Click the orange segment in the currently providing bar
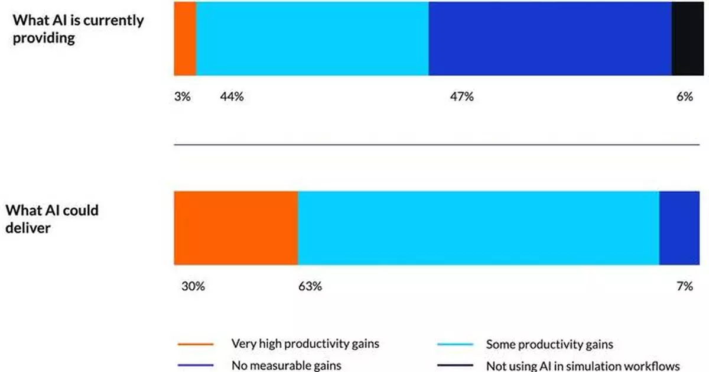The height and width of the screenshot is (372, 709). [x=184, y=38]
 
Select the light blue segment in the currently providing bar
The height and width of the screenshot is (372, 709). [x=312, y=38]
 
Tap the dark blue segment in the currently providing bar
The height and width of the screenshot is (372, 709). [x=550, y=38]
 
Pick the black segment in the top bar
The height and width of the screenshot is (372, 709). [x=687, y=38]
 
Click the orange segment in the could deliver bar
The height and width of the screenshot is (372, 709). [x=236, y=228]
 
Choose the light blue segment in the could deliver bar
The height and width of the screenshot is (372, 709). [x=479, y=228]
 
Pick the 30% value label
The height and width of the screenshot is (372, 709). [x=193, y=287]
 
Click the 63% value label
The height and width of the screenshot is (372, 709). [x=310, y=287]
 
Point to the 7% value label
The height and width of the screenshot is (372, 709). [x=685, y=287]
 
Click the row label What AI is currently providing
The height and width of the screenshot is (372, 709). [x=78, y=29]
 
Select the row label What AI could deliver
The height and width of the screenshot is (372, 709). [x=52, y=219]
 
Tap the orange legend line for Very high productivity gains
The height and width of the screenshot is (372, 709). [x=195, y=344]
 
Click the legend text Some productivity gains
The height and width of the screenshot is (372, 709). [x=549, y=344]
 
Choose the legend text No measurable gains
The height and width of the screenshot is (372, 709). [x=286, y=365]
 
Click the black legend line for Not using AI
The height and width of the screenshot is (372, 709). [x=454, y=365]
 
